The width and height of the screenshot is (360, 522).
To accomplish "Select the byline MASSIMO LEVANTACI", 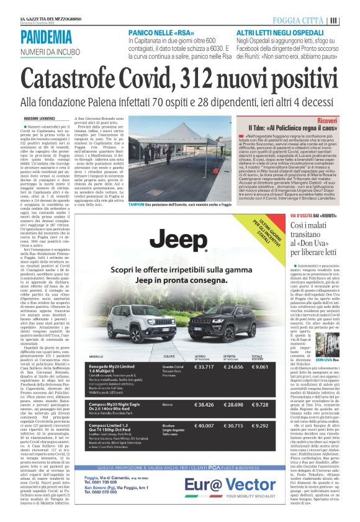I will [41, 117].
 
